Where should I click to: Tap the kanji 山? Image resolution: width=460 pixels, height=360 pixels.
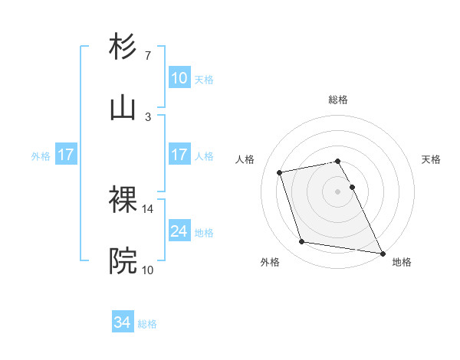123,108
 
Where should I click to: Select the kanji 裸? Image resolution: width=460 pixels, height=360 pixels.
123,200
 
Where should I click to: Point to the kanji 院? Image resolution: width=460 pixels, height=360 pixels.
123,261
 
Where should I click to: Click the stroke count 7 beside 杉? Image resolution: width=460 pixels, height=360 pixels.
148,56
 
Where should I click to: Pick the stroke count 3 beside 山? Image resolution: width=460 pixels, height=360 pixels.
148,117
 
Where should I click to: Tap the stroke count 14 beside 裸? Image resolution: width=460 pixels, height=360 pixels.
148,208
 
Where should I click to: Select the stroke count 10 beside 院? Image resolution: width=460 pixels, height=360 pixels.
148,270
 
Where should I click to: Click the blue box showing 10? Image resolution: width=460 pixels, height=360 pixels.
179,78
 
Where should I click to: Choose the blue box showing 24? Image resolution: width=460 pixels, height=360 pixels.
179,231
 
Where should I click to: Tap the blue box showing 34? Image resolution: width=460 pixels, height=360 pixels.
123,322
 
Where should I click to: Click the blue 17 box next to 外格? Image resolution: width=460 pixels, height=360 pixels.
66,155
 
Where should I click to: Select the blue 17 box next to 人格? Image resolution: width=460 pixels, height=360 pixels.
179,155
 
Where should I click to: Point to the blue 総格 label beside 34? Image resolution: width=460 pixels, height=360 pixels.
147,323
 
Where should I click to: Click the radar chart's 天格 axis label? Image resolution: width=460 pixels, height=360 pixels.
431,159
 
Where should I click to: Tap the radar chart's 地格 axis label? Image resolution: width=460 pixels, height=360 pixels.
402,263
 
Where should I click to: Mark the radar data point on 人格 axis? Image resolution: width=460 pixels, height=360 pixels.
280,172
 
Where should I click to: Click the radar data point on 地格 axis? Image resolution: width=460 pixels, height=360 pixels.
381,252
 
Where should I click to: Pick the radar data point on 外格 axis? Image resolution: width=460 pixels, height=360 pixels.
302,242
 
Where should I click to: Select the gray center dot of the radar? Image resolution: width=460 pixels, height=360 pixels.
337,191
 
